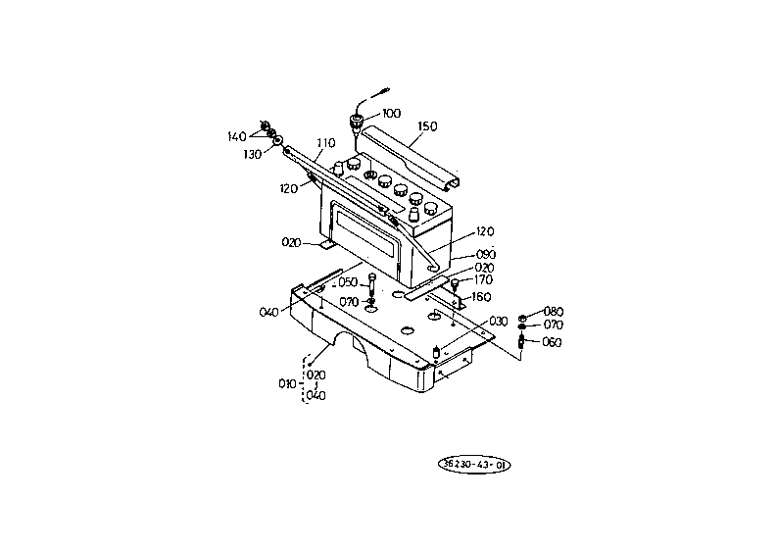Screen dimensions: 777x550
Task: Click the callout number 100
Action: (x=392, y=114)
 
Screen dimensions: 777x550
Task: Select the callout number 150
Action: (x=427, y=126)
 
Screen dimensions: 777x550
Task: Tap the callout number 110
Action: (x=326, y=143)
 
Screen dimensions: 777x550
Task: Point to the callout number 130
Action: (x=252, y=155)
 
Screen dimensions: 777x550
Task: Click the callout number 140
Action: (x=236, y=136)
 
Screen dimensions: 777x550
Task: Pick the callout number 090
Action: (x=486, y=255)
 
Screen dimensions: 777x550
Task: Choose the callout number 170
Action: (x=483, y=280)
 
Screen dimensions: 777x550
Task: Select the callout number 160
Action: (x=481, y=297)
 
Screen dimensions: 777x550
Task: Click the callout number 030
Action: (x=499, y=322)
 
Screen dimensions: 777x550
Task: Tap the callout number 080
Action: (x=554, y=312)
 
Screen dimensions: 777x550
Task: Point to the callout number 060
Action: (x=552, y=342)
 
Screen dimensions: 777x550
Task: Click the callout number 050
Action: (x=348, y=282)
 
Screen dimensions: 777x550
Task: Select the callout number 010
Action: (x=287, y=384)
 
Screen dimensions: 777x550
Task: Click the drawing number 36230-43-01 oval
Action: (x=474, y=465)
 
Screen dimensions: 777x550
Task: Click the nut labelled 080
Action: (x=522, y=318)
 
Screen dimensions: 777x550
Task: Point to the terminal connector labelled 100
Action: (x=357, y=122)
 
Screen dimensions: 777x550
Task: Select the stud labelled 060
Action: (x=521, y=341)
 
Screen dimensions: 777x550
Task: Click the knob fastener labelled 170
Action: (x=455, y=284)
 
